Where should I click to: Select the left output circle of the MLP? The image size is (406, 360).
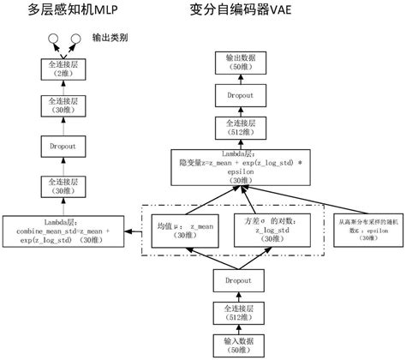point(55,38)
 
